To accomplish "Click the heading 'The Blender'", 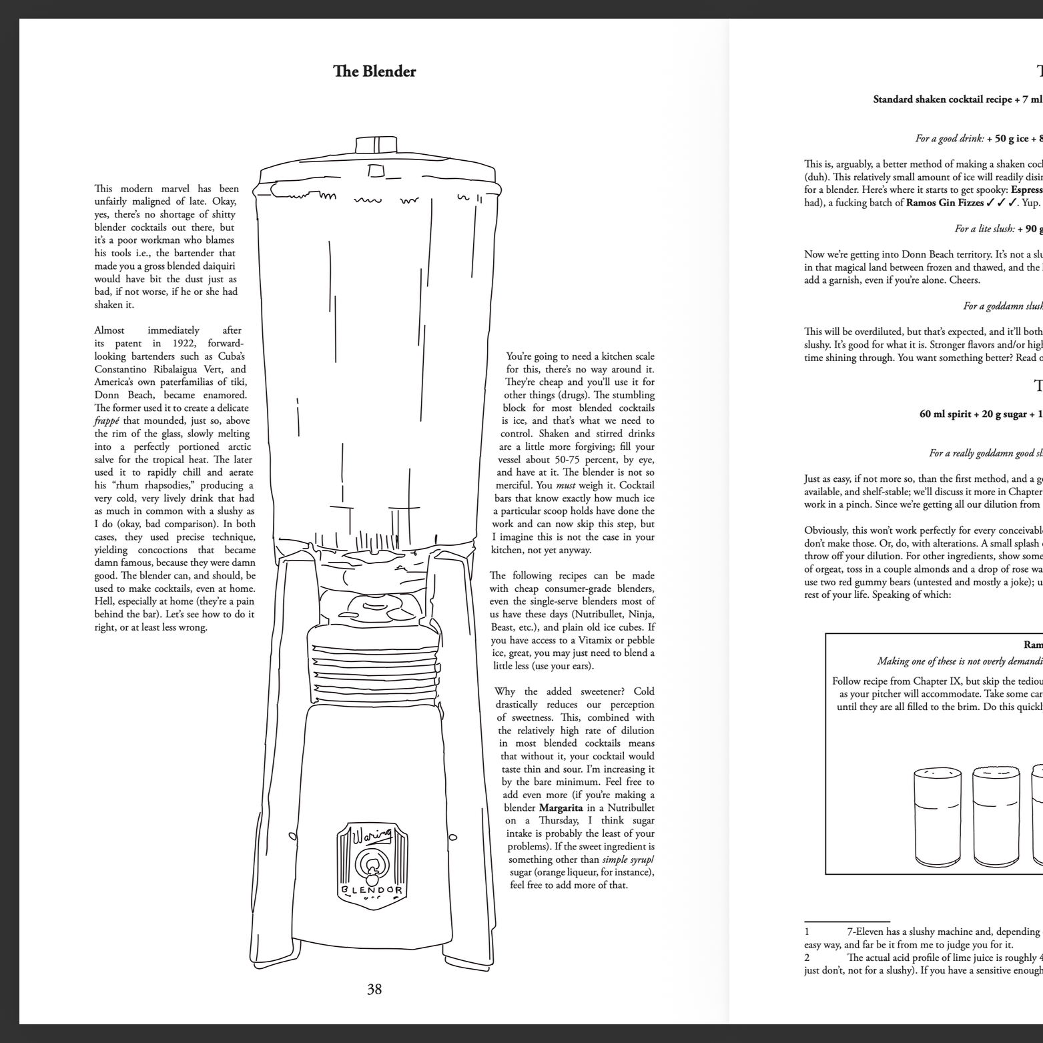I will [x=374, y=71].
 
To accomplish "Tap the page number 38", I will [x=374, y=989].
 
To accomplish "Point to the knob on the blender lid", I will [x=376, y=145].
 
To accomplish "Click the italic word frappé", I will [x=107, y=421].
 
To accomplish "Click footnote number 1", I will [x=807, y=932].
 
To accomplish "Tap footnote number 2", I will [x=807, y=958].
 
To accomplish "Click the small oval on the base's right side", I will [x=453, y=837].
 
